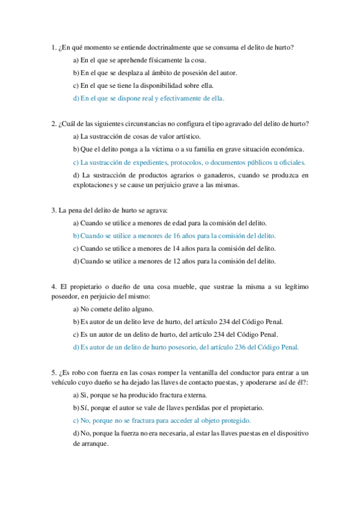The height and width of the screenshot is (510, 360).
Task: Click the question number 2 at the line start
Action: pos(54,124)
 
